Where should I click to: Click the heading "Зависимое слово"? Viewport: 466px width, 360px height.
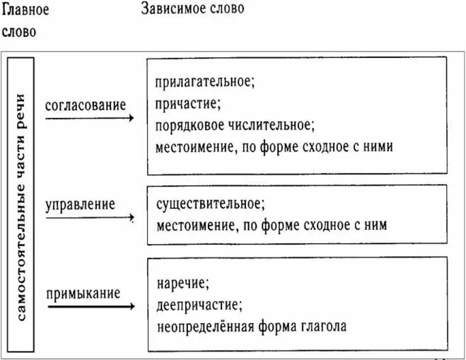pyautogui.click(x=192, y=8)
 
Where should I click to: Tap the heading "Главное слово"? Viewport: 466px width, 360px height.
pyautogui.click(x=25, y=21)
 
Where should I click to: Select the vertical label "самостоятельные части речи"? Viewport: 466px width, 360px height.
pyautogui.click(x=21, y=207)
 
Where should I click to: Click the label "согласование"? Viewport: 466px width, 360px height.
pyautogui.click(x=86, y=105)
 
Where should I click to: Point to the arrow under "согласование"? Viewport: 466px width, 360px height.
pyautogui.click(x=90, y=118)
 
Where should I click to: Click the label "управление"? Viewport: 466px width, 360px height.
pyautogui.click(x=80, y=205)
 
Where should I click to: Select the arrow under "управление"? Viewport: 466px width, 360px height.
pyautogui.click(x=90, y=218)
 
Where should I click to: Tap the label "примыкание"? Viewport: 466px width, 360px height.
pyautogui.click(x=83, y=294)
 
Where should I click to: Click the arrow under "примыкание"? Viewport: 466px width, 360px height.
pyautogui.click(x=91, y=306)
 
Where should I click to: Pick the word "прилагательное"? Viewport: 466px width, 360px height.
pyautogui.click(x=203, y=82)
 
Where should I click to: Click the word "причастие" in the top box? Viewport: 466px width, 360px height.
pyautogui.click(x=186, y=104)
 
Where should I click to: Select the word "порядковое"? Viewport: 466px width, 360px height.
pyautogui.click(x=190, y=125)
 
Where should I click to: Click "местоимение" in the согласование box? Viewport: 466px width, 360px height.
pyautogui.click(x=194, y=147)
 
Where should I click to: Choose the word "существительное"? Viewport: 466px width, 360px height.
pyautogui.click(x=209, y=204)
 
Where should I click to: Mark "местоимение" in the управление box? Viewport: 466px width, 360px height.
pyautogui.click(x=196, y=226)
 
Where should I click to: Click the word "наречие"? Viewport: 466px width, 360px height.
pyautogui.click(x=181, y=284)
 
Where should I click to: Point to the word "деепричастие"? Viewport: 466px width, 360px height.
pyautogui.click(x=197, y=306)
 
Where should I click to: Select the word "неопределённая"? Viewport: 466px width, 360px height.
pyautogui.click(x=205, y=327)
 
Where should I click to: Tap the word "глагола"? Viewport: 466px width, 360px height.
pyautogui.click(x=324, y=327)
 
